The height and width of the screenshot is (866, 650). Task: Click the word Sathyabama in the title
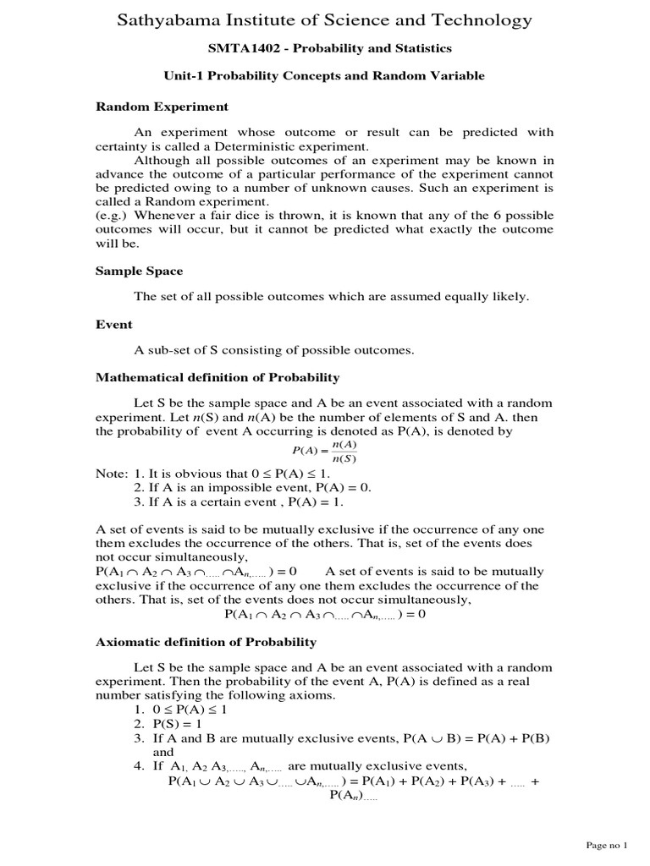169,19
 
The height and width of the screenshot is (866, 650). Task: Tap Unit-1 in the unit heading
184,76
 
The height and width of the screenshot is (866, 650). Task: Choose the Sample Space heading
138,271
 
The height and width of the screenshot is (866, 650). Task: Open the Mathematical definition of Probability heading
217,377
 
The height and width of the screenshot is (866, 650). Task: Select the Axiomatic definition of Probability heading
206,642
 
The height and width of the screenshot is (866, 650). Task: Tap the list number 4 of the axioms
138,766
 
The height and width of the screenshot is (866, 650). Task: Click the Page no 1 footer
607,845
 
